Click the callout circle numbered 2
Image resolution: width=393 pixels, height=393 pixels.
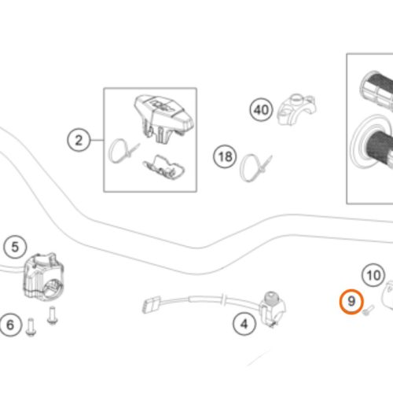[79, 141]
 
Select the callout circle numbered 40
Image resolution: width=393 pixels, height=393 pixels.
[261, 109]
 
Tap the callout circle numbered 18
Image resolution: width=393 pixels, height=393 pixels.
[225, 157]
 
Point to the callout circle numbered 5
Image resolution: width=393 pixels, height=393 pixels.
[15, 247]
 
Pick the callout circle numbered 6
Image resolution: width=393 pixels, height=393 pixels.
[10, 325]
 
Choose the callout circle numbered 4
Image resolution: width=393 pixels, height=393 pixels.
[244, 324]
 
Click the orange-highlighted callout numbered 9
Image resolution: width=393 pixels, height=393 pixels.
[351, 301]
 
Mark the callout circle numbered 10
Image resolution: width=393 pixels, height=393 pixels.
[373, 275]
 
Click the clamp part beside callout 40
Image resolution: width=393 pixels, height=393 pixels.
[296, 109]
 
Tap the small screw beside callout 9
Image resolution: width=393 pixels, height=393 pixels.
[369, 310]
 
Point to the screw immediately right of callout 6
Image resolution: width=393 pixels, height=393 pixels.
[31, 327]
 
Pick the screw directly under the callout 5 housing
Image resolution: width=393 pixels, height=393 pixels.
[53, 316]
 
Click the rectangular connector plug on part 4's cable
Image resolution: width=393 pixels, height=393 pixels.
[152, 304]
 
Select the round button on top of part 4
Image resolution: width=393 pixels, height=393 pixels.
[270, 298]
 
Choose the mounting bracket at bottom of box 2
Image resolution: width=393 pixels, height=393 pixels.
[164, 167]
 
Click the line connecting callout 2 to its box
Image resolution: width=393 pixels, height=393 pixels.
[97, 141]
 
